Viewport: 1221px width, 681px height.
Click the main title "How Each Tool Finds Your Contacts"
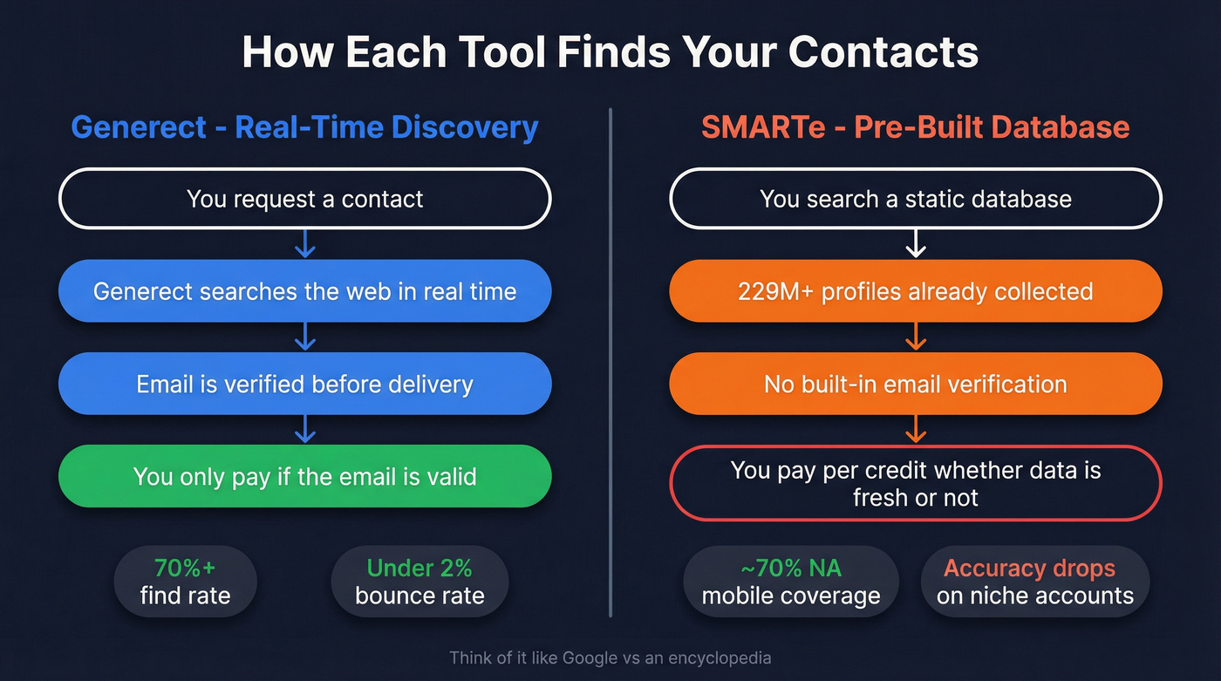[x=610, y=52]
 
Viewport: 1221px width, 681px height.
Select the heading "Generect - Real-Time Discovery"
[x=304, y=127]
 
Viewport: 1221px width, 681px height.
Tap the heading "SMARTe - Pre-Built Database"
[x=915, y=127]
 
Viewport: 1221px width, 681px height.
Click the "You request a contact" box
[x=304, y=199]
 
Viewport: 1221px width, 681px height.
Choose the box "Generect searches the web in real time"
[x=304, y=291]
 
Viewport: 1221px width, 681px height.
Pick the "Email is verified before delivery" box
[x=304, y=384]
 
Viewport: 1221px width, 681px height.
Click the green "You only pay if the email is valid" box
[x=304, y=476]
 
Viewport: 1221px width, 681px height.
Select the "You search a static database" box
[x=915, y=199]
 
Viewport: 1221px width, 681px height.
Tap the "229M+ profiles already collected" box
[x=915, y=291]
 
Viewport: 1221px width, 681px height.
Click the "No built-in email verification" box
[x=915, y=384]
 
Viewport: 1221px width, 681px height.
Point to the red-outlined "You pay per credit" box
[x=915, y=483]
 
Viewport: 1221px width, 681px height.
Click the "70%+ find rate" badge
[x=185, y=582]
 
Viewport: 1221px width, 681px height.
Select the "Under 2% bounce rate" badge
[x=419, y=582]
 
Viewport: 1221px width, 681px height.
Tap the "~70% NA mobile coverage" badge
[x=790, y=582]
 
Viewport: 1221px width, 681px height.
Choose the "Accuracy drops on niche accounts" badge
[x=1034, y=582]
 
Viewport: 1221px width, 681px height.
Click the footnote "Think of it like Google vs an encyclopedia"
[x=610, y=657]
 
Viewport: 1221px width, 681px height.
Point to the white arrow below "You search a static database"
[x=915, y=245]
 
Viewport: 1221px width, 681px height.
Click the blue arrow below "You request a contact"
[x=304, y=245]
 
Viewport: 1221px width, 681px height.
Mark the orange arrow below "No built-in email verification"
[x=915, y=430]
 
